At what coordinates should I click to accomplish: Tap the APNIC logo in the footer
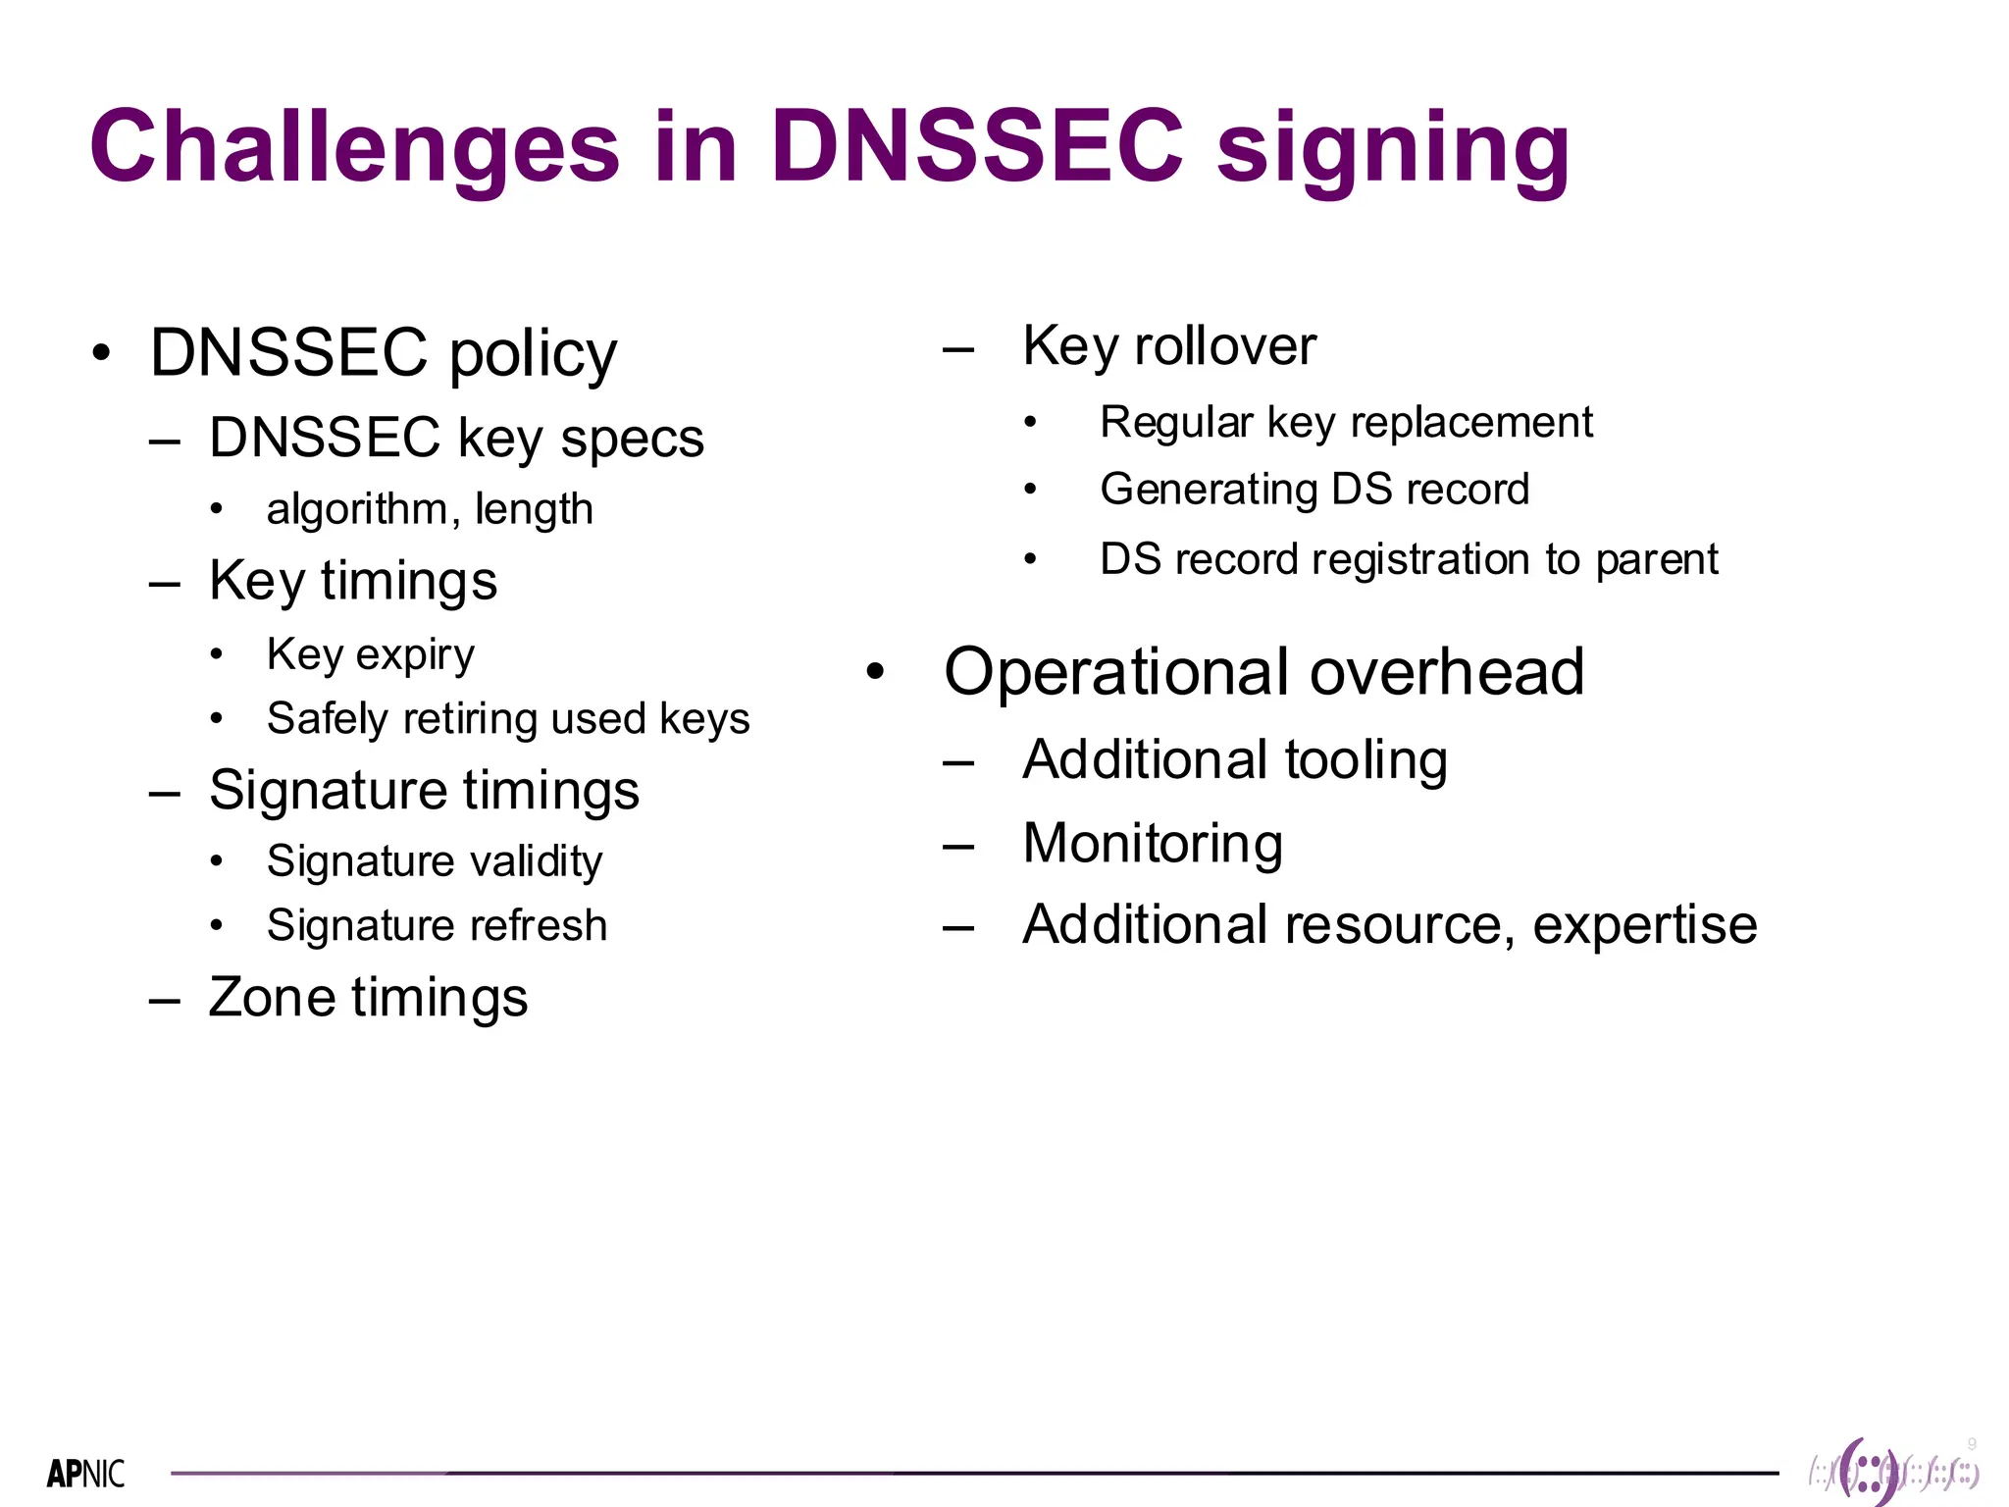pyautogui.click(x=86, y=1473)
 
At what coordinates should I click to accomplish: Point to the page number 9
pyautogui.click(x=1972, y=1444)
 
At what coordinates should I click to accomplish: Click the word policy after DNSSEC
pyautogui.click(x=533, y=354)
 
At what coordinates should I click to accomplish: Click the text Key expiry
pyautogui.click(x=371, y=654)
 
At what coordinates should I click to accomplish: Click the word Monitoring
pyautogui.click(x=1153, y=843)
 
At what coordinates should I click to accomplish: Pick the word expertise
pyautogui.click(x=1644, y=925)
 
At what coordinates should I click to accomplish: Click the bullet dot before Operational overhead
pyautogui.click(x=875, y=672)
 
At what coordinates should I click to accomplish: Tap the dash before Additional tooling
pyautogui.click(x=958, y=762)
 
